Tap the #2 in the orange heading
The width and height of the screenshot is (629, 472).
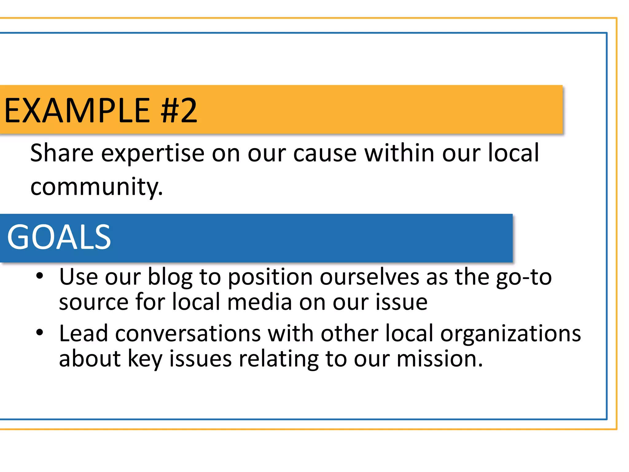pos(179,111)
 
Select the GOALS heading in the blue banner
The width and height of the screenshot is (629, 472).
pos(59,237)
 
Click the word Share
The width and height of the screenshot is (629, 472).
pos(62,153)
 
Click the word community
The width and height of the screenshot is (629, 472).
pos(96,187)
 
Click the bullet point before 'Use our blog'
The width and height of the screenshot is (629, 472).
pos(40,276)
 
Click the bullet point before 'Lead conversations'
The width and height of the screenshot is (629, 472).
pos(40,332)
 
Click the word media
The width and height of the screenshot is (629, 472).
pos(260,302)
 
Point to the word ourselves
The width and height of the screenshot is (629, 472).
pos(369,277)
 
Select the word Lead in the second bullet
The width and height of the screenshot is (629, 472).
pos(83,333)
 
